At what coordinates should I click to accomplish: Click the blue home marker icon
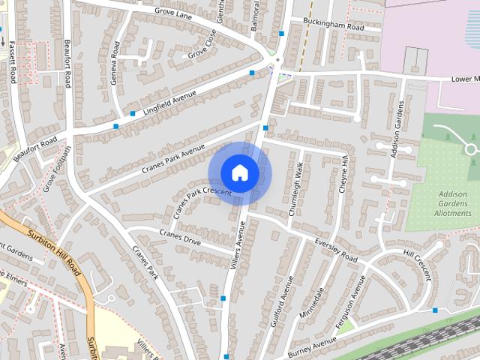tap(239, 173)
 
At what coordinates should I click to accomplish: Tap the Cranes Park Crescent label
tap(200, 202)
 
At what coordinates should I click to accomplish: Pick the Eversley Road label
tap(336, 249)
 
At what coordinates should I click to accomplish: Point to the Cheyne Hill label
tap(344, 174)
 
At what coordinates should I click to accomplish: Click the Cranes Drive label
tap(180, 238)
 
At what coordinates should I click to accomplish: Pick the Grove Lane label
tap(174, 11)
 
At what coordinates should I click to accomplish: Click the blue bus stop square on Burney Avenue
tap(435, 310)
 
